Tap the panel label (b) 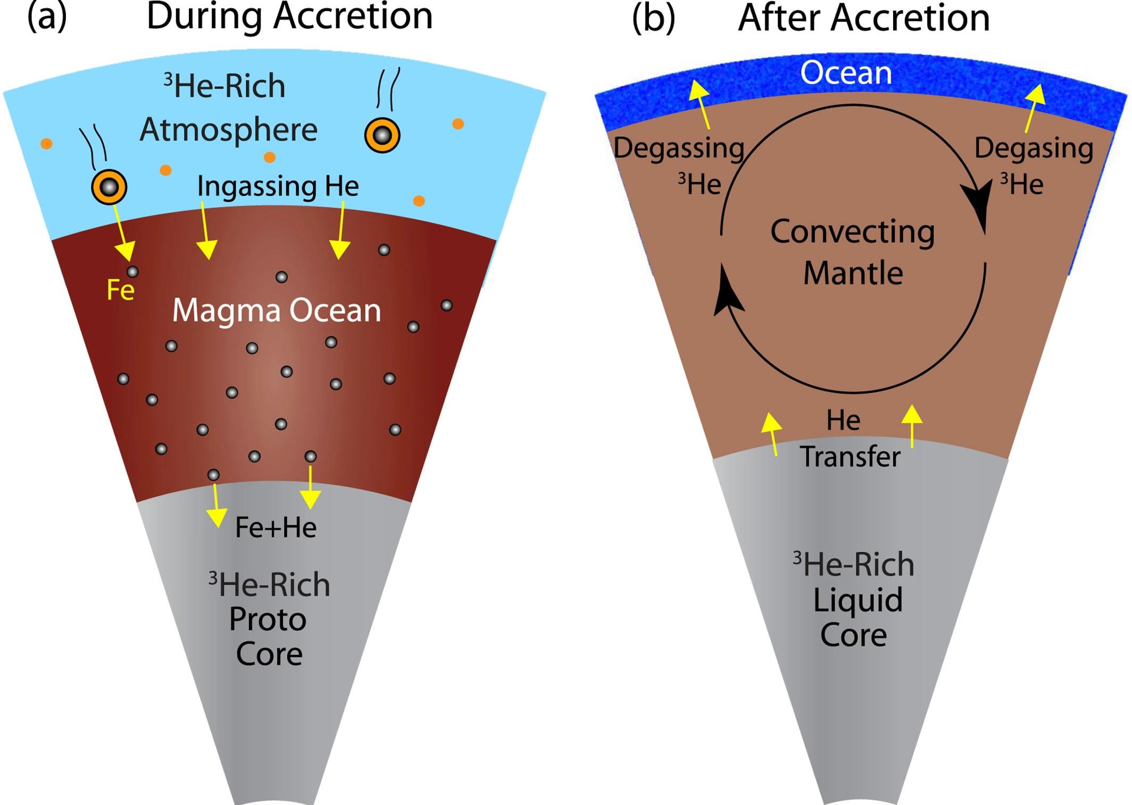[653, 18]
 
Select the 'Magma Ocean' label [277, 310]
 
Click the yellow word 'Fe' [120, 291]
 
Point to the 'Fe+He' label [276, 527]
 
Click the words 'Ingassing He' [278, 186]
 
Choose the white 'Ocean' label [846, 73]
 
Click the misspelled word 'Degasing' [1034, 148]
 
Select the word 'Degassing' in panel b [679, 148]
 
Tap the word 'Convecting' [852, 232]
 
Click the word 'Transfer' [850, 457]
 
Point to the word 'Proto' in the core [268, 619]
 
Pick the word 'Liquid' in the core [858, 600]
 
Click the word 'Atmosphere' [229, 130]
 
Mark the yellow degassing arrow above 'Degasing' [1034, 106]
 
